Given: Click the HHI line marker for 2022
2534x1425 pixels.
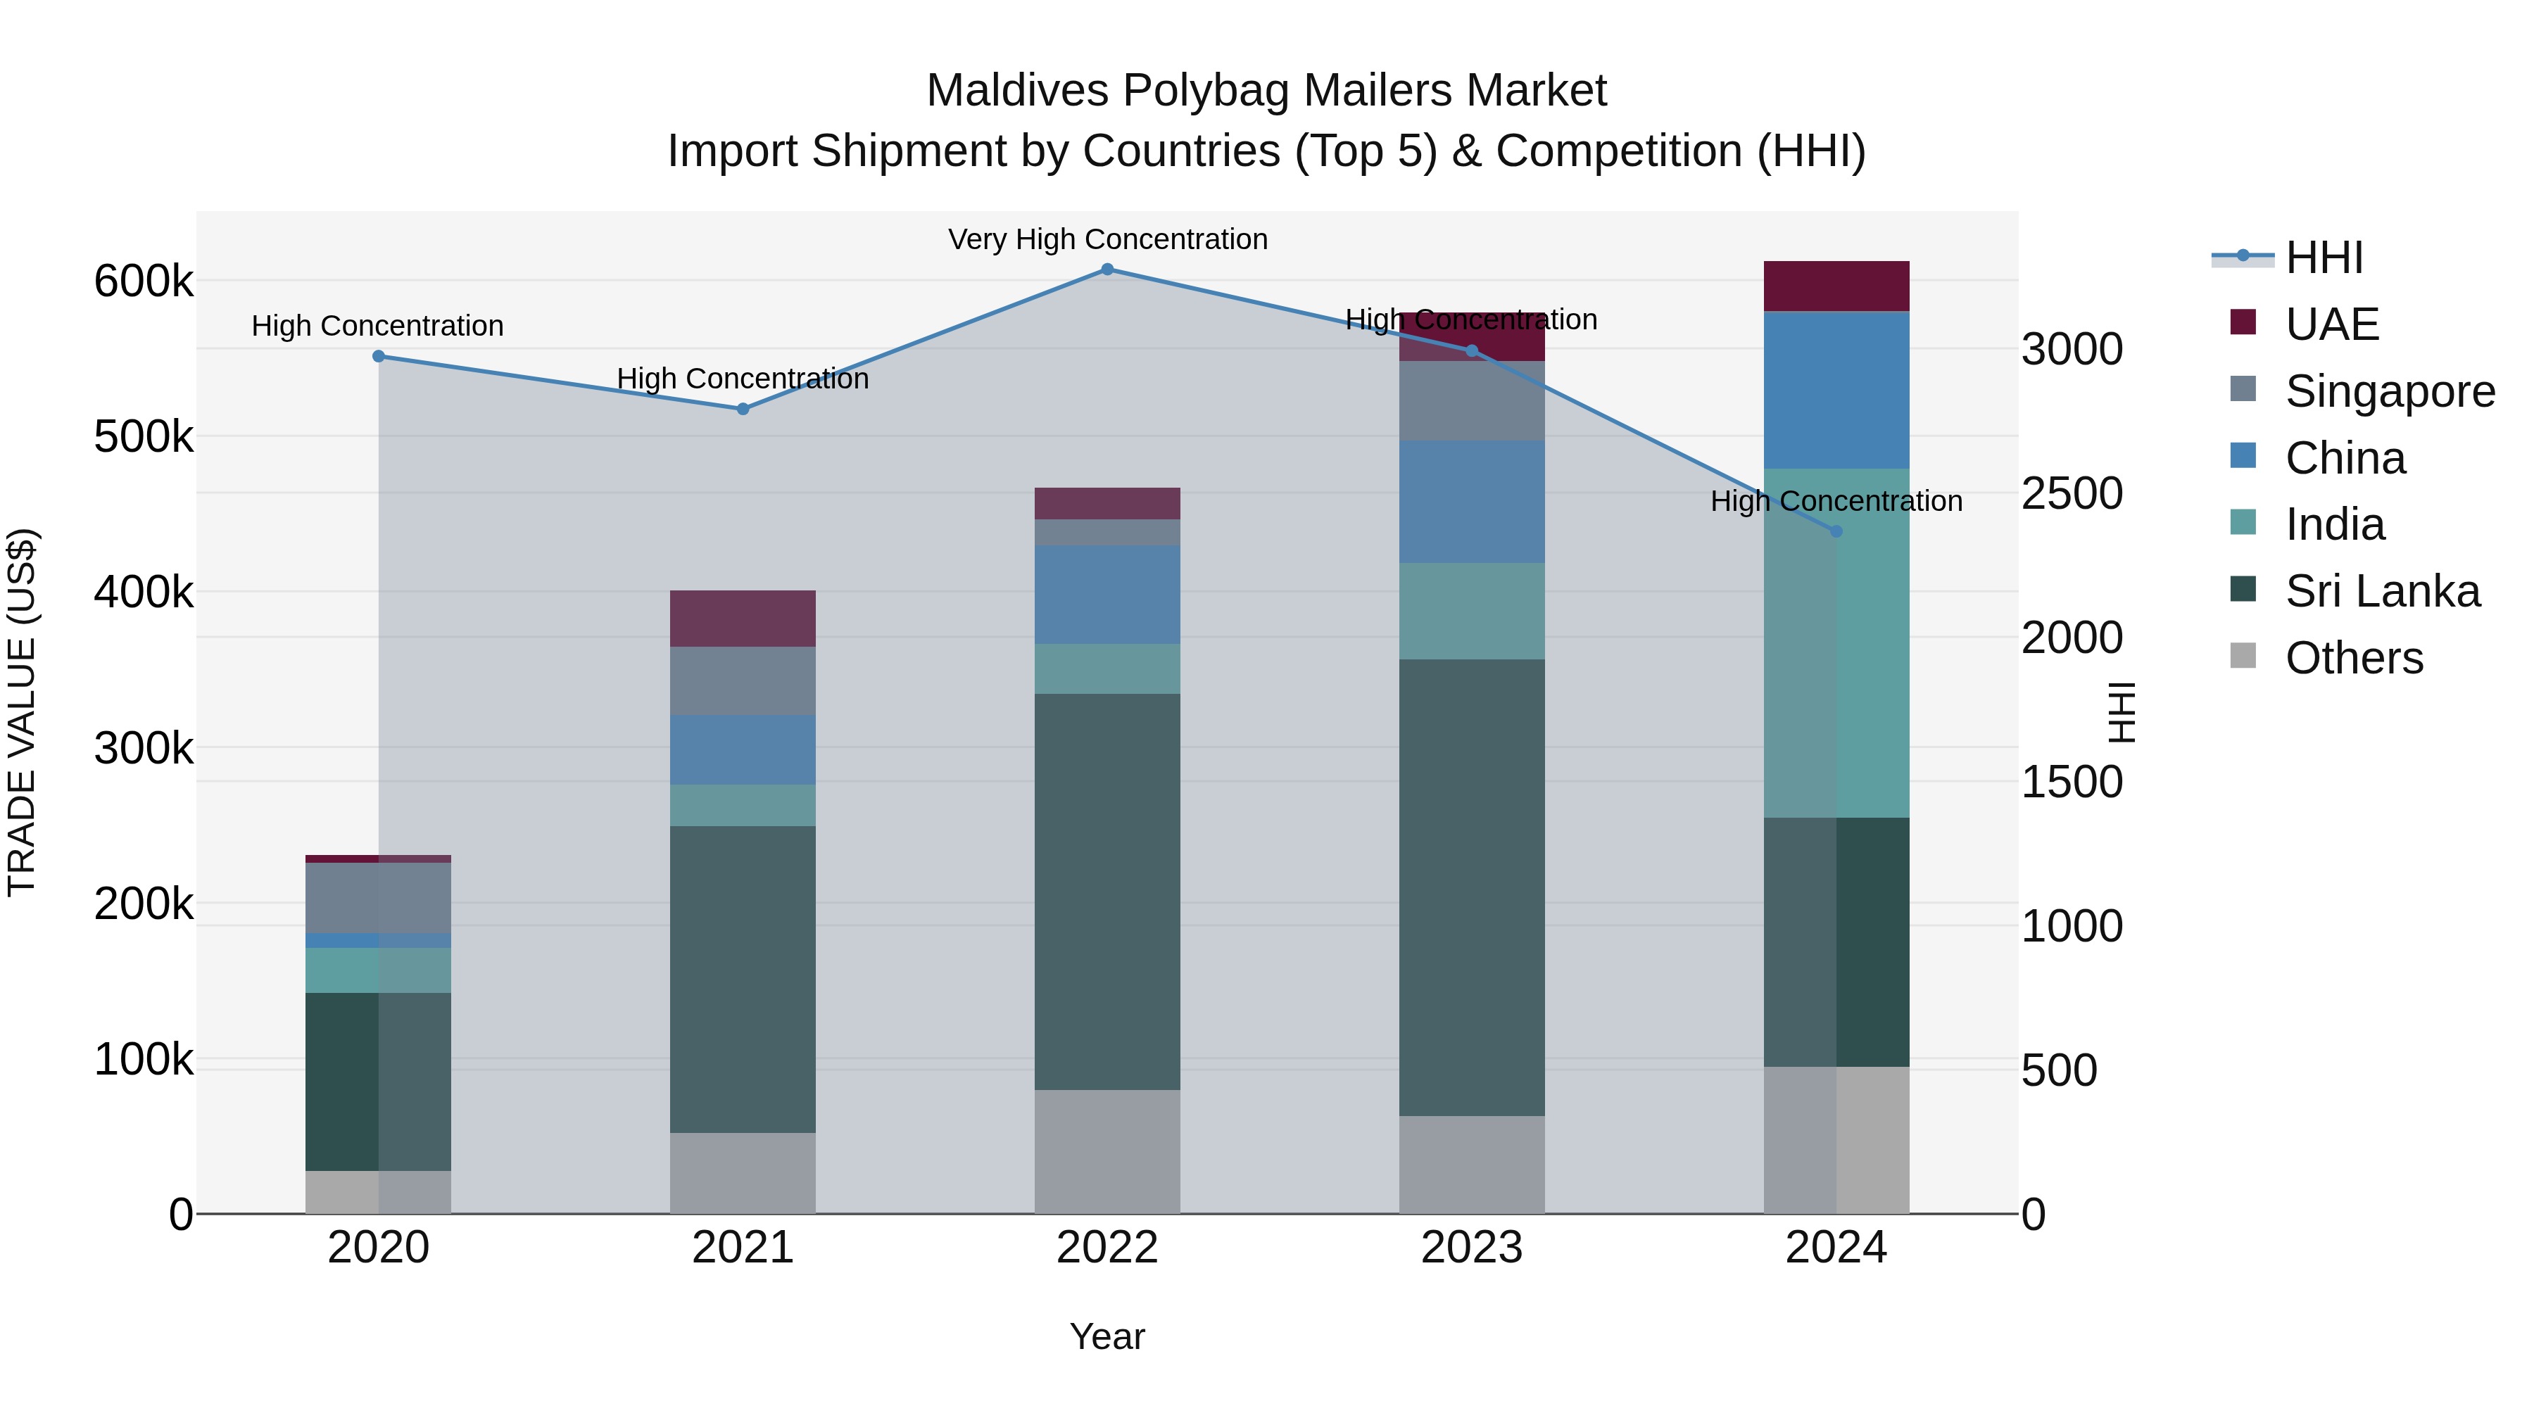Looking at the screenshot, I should click(x=1107, y=270).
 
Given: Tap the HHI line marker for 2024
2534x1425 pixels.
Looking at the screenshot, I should click(x=1836, y=531).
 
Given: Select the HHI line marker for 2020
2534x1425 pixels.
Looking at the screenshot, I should click(x=379, y=356).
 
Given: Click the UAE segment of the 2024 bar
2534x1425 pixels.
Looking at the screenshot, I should click(x=1836, y=286).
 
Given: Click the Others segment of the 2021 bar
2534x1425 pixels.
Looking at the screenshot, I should click(x=743, y=1172).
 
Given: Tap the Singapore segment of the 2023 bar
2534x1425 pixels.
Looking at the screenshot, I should click(x=1472, y=400).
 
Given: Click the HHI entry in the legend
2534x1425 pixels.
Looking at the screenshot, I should click(x=2323, y=258).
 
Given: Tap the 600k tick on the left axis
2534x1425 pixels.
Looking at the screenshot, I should click(x=144, y=281).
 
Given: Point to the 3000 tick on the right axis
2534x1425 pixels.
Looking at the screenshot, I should click(x=2072, y=349).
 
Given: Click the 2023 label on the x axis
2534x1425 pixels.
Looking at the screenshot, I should click(x=1472, y=1248).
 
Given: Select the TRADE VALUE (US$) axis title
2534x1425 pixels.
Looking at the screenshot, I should click(x=22, y=712).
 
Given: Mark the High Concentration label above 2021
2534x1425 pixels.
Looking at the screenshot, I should click(x=743, y=379).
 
